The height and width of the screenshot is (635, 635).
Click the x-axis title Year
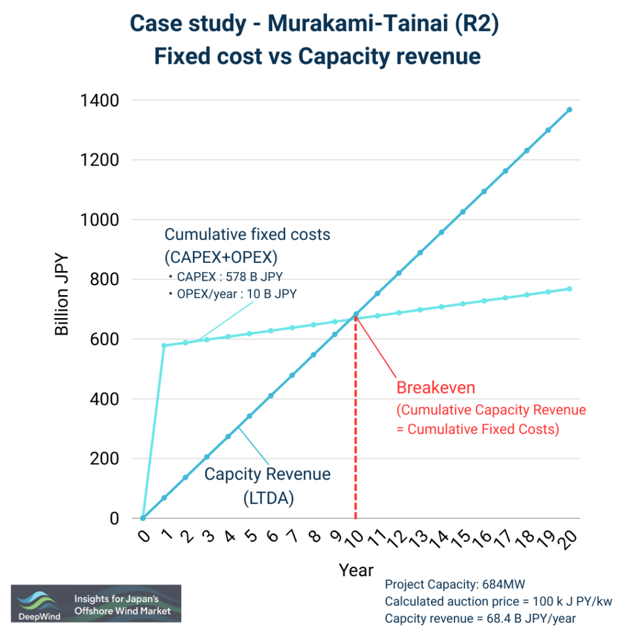356,570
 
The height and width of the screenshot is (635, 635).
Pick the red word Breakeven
435,388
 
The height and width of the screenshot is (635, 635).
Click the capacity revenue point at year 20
569,110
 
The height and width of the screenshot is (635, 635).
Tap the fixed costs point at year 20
569,289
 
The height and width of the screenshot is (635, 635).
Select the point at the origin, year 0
143,518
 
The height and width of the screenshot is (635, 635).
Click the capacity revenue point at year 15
463,212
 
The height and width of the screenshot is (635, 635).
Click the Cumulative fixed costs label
247,235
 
